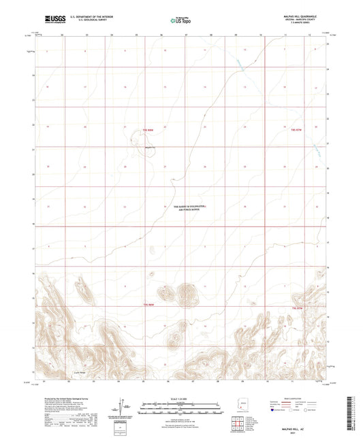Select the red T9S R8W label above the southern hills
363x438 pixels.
[149, 305]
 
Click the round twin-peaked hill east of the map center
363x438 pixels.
[185, 293]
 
